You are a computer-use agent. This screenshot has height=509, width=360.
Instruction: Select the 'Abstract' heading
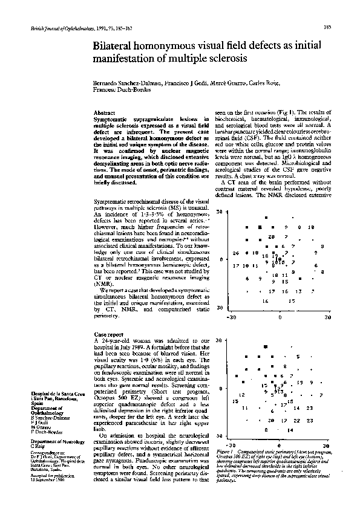click(x=106, y=113)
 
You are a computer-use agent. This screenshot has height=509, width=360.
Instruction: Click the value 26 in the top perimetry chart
click(x=236, y=253)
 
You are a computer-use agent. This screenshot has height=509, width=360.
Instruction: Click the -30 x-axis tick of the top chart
click(x=231, y=316)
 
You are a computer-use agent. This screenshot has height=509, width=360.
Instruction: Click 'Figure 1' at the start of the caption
click(x=224, y=451)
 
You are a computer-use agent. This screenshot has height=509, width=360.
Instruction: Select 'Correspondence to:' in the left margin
click(x=49, y=452)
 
